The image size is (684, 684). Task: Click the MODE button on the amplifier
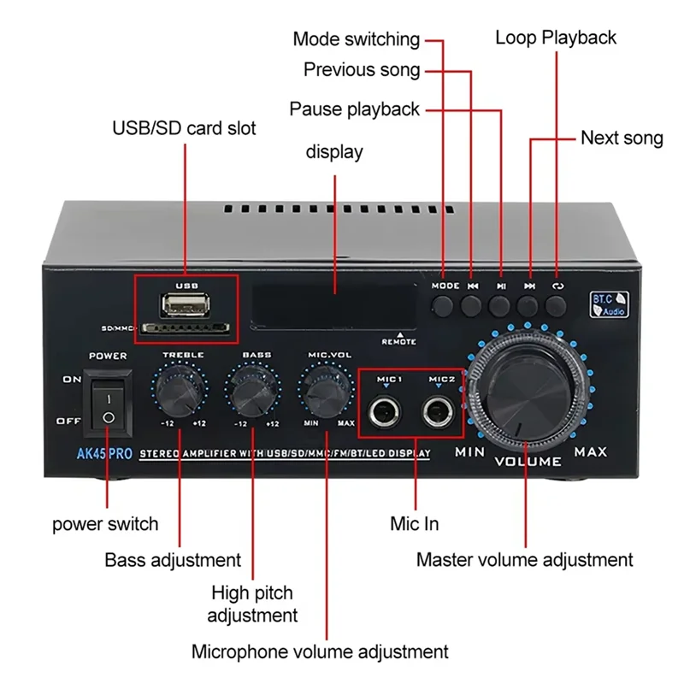(x=444, y=305)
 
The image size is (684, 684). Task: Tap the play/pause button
(x=501, y=305)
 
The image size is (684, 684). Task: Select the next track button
(x=529, y=305)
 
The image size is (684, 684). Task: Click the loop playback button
(x=557, y=305)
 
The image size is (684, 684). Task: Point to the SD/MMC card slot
(x=186, y=327)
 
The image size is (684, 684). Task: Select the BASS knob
(x=254, y=391)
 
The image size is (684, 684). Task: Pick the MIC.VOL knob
(x=326, y=391)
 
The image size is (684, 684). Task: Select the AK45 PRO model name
(x=103, y=454)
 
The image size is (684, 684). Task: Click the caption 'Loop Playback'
(x=556, y=38)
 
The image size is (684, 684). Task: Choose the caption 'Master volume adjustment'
(x=524, y=560)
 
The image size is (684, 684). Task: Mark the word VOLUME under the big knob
(x=528, y=461)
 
